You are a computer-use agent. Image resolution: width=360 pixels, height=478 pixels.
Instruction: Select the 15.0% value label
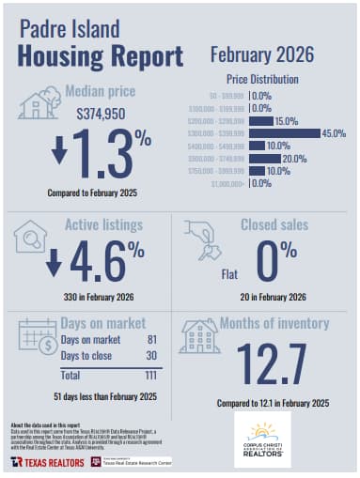(287, 121)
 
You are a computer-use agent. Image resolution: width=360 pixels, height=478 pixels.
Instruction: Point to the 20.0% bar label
(294, 159)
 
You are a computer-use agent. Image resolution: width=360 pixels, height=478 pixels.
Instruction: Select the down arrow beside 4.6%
(54, 259)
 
